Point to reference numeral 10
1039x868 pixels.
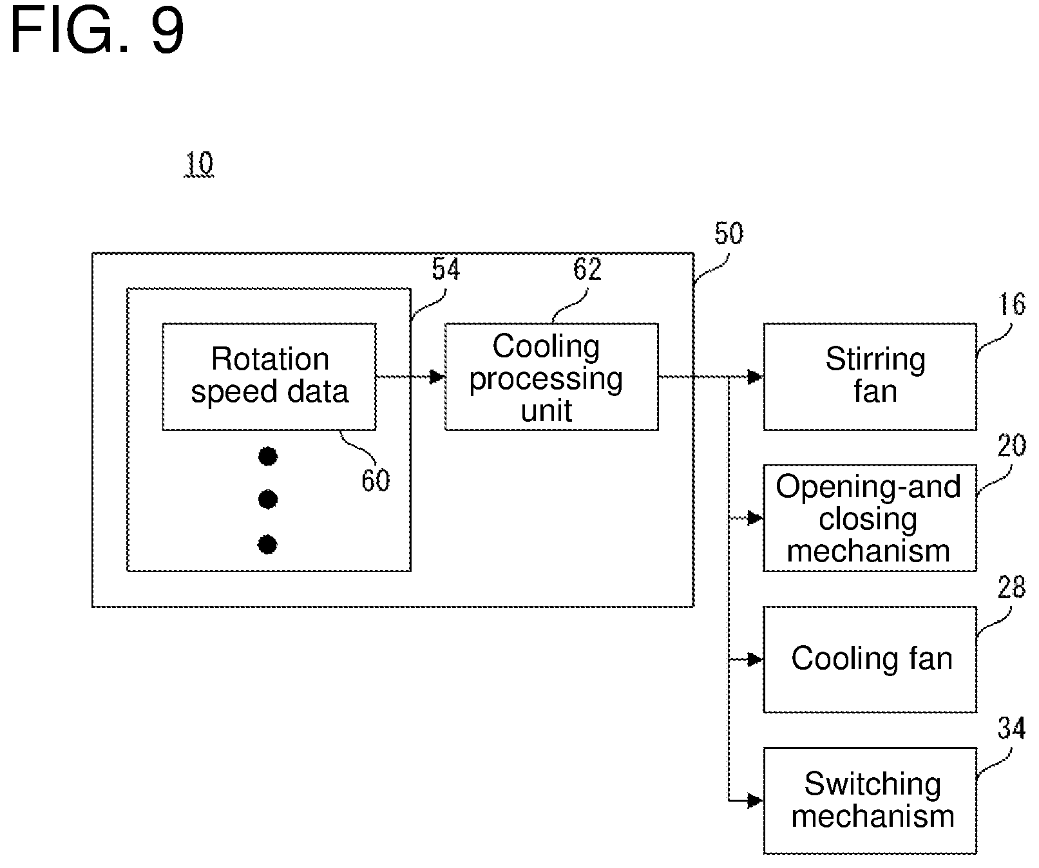[199, 164]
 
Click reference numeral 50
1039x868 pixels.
[729, 233]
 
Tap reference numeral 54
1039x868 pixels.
[446, 269]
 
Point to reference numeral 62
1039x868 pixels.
[587, 269]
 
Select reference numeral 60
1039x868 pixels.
[376, 480]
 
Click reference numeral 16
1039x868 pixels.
[1011, 304]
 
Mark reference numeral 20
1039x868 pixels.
[1011, 446]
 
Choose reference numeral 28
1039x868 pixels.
[1011, 587]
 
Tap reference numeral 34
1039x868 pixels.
[1011, 728]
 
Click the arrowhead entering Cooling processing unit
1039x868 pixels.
[437, 377]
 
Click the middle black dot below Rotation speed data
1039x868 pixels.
[267, 499]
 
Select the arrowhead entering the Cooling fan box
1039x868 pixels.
[756, 660]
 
